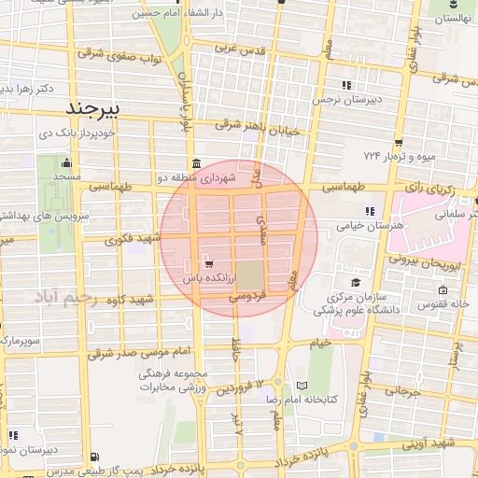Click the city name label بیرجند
click(x=95, y=109)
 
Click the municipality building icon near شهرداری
click(x=194, y=163)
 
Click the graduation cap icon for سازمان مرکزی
click(x=355, y=282)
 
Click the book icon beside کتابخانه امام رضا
click(x=301, y=386)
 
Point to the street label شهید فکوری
click(x=135, y=239)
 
